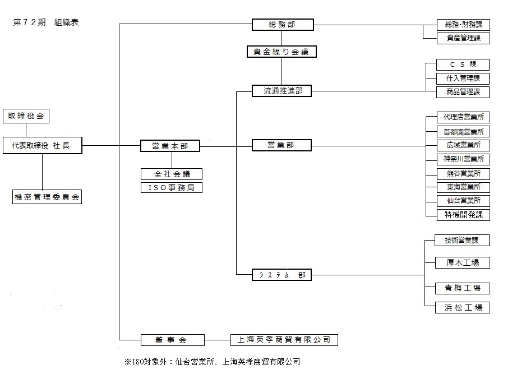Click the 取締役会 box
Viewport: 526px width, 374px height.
pyautogui.click(x=26, y=116)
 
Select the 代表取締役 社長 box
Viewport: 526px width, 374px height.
pyautogui.click(x=42, y=146)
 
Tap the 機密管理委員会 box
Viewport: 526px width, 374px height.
pyautogui.click(x=47, y=197)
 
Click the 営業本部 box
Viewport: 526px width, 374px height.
pyautogui.click(x=170, y=146)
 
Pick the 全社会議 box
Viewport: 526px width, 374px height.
pyautogui.click(x=171, y=174)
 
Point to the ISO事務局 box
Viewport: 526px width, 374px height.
pyautogui.click(x=171, y=187)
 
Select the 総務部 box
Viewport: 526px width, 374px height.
pyautogui.click(x=282, y=25)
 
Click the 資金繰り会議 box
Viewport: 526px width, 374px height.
pyautogui.click(x=282, y=52)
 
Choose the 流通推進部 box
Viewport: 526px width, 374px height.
pyautogui.click(x=282, y=90)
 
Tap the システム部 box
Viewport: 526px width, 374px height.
pyautogui.click(x=282, y=275)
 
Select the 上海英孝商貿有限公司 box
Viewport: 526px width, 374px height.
pyautogui.click(x=284, y=340)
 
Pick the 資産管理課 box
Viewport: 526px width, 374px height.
pyautogui.click(x=463, y=38)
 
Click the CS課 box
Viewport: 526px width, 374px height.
pyautogui.click(x=463, y=64)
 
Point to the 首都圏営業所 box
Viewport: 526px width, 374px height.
pyautogui.click(x=463, y=132)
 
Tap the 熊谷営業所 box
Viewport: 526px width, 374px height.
pyautogui.click(x=463, y=173)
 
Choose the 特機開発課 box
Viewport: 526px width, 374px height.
pyautogui.click(x=463, y=214)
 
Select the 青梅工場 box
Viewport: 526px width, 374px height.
pyautogui.click(x=463, y=288)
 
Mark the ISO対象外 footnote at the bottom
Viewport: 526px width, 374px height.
pyautogui.click(x=212, y=362)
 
